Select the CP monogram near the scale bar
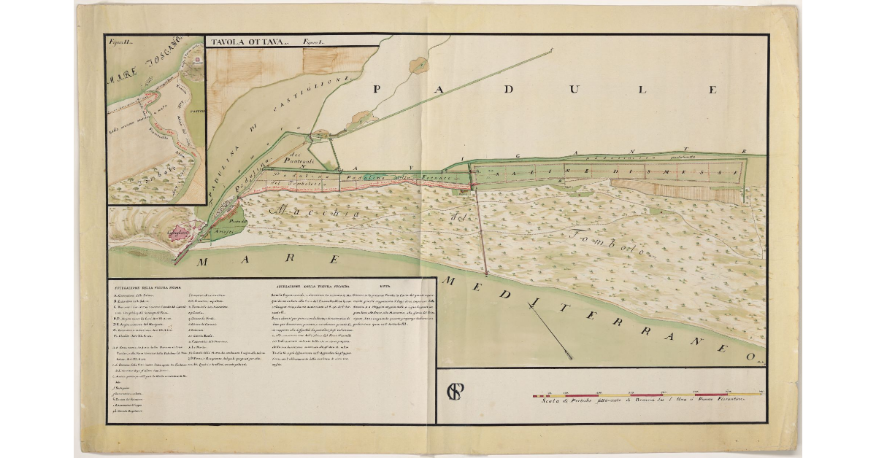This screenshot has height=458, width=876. click(x=456, y=391)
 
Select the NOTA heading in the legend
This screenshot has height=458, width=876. click(x=385, y=286)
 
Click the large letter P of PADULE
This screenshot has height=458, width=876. click(x=379, y=90)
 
